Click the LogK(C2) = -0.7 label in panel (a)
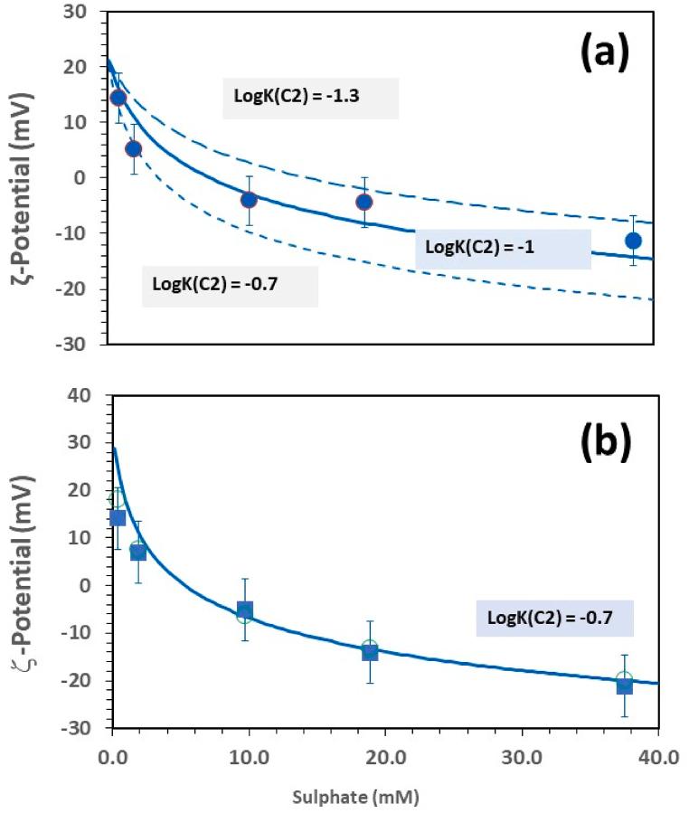pyautogui.click(x=230, y=285)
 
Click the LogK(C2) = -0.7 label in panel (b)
pyautogui.click(x=554, y=619)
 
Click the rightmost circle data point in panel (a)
pyautogui.click(x=634, y=241)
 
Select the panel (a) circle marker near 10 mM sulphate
pyautogui.click(x=249, y=200)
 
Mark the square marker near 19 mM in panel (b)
pyautogui.click(x=369, y=651)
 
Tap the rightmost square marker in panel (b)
pyautogui.click(x=624, y=685)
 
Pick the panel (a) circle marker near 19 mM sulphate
pyautogui.click(x=363, y=202)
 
